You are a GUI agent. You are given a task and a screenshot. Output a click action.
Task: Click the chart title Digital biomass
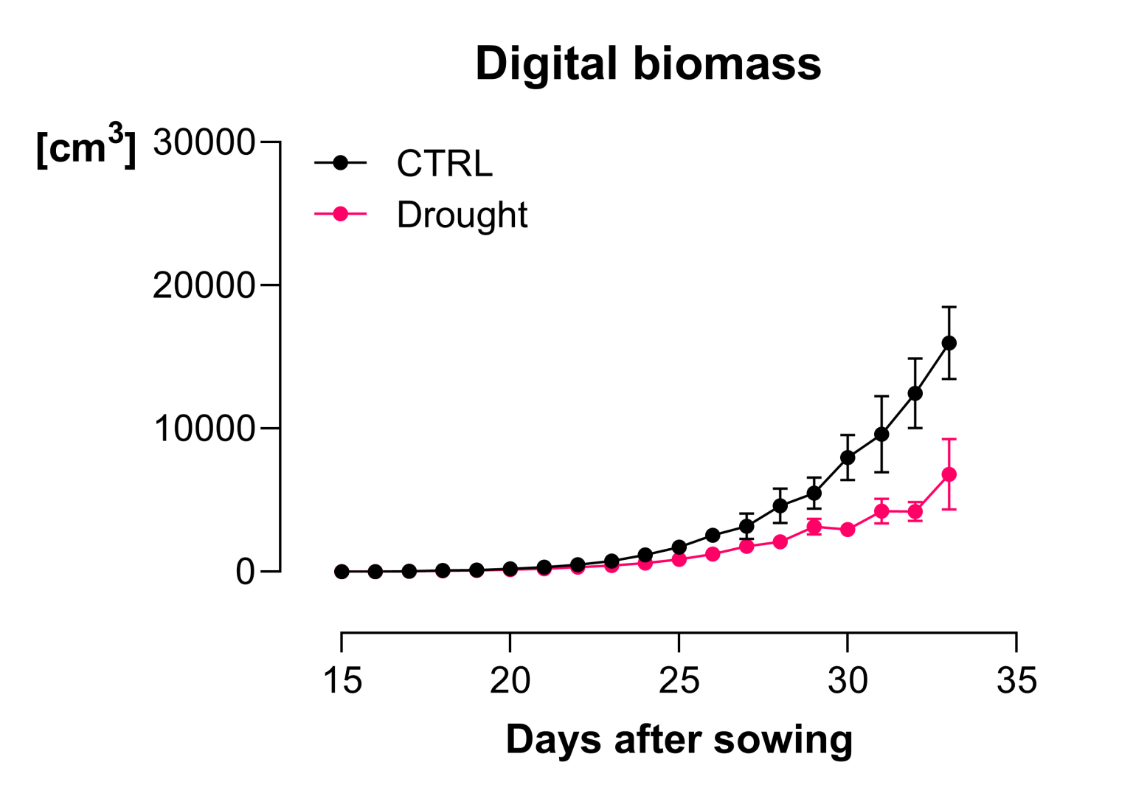(648, 63)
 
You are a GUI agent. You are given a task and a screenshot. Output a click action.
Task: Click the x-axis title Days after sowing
(679, 740)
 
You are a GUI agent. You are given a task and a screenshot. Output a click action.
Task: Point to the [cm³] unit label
(86, 146)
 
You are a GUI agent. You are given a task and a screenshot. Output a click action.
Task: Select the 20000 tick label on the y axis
(204, 285)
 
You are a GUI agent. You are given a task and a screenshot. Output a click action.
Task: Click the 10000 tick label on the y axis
(204, 429)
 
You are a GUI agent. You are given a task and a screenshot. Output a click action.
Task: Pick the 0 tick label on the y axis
(245, 572)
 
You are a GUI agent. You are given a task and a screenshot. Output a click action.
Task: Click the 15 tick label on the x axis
(342, 680)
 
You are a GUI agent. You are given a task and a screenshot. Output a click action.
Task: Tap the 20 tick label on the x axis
(510, 680)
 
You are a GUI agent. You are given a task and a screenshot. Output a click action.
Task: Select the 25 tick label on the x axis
(679, 680)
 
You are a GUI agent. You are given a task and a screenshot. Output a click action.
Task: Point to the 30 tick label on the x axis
(848, 680)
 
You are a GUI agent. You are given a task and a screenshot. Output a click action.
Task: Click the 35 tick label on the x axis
(1016, 680)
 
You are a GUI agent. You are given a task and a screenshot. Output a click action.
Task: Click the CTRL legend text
(444, 164)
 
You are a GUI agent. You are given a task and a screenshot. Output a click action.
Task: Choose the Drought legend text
(462, 215)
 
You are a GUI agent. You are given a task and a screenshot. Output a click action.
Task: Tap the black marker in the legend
(340, 163)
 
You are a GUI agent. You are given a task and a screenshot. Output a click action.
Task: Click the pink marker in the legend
(340, 215)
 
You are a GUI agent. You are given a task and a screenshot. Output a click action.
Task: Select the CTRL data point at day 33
(949, 343)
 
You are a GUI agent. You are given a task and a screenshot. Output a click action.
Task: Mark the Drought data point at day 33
(949, 474)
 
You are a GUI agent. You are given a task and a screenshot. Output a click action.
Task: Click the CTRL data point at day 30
(848, 457)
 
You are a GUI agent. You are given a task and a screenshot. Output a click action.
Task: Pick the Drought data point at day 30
(848, 530)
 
